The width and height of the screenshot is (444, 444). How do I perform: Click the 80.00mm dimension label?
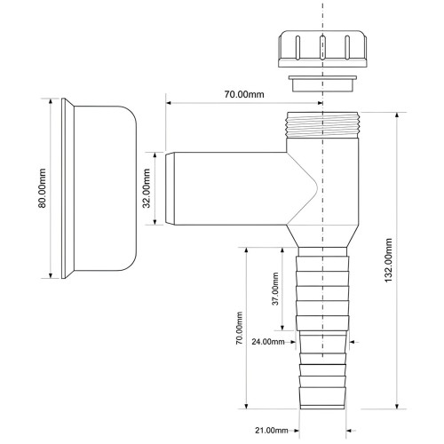pos(42,188)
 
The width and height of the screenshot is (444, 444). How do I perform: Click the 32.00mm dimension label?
pos(147,188)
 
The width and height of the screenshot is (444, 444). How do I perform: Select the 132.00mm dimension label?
pos(388,260)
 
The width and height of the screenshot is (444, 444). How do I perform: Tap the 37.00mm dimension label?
pos(275,289)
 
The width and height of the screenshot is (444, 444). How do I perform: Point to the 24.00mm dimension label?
pos(268,342)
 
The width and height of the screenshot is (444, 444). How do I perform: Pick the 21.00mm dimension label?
pos(272,431)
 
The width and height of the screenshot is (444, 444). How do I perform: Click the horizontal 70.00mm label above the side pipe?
pos(244,94)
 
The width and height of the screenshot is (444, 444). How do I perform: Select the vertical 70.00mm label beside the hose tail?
pos(239,328)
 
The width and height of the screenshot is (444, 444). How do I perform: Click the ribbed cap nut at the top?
pos(322,48)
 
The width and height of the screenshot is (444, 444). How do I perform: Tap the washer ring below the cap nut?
pos(322,83)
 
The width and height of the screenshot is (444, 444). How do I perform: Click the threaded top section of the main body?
pos(322,125)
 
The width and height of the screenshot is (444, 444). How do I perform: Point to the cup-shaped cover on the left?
pos(99,188)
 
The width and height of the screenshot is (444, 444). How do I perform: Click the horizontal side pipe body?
pos(231,188)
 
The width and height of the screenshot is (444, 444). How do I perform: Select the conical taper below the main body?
pos(322,236)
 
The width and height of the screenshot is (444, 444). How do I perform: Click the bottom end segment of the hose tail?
pos(322,398)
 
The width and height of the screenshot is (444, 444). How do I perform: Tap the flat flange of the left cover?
pos(63,188)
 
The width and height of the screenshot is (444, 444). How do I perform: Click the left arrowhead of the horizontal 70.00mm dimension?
pos(169,103)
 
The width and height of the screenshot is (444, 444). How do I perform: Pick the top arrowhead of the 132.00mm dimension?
pos(397,115)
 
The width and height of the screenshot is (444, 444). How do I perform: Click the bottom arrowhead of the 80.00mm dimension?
pos(51,275)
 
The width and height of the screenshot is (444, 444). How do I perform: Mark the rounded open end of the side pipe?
pos(170,188)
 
